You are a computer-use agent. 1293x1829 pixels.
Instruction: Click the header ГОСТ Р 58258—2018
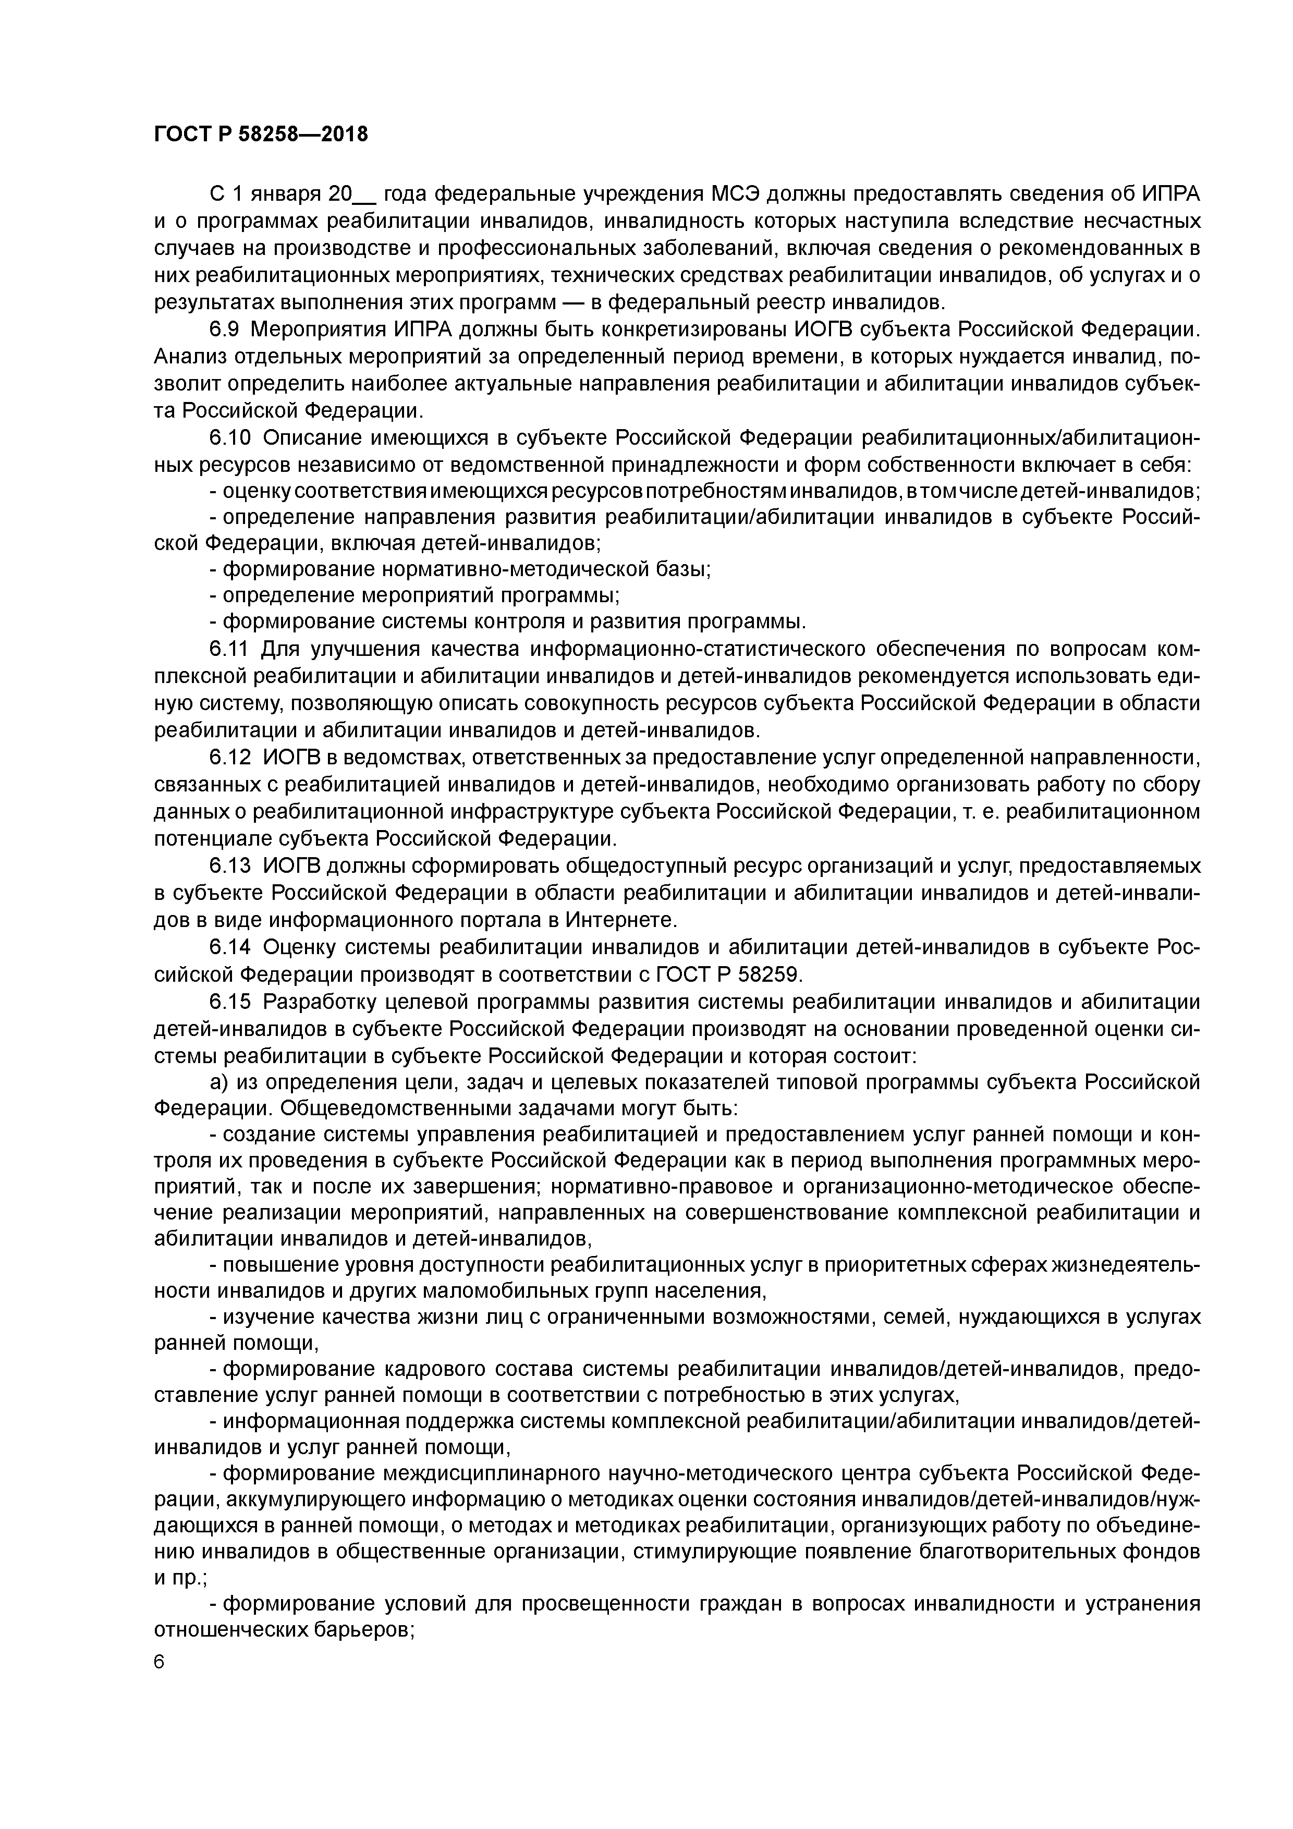click(x=261, y=135)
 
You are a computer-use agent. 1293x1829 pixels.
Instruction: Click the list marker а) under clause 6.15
click(x=219, y=1083)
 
